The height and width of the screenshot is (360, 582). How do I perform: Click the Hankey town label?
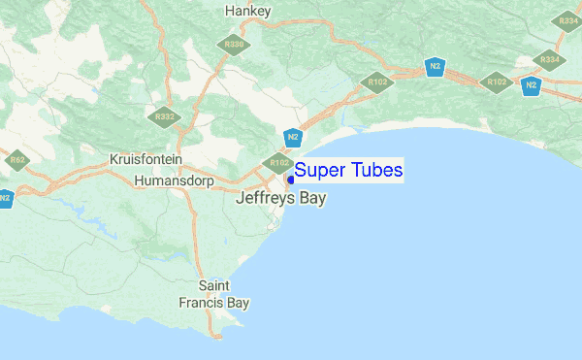(x=247, y=11)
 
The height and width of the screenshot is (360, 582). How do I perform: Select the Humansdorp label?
(x=172, y=180)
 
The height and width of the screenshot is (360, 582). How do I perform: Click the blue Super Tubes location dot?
(x=290, y=180)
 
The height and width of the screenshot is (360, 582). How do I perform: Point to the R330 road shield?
(x=234, y=45)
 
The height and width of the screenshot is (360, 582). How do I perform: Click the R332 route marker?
(x=164, y=117)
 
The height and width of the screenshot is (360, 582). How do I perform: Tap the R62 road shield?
(x=16, y=159)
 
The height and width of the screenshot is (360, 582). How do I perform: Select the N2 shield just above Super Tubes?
(x=293, y=138)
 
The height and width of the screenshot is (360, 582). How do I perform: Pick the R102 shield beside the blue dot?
(x=279, y=163)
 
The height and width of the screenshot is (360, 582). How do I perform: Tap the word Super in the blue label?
(x=318, y=171)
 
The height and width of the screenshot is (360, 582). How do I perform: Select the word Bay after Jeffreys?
(x=312, y=199)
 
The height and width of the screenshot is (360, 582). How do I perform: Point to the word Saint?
(x=213, y=286)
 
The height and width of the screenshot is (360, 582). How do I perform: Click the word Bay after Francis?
(x=238, y=303)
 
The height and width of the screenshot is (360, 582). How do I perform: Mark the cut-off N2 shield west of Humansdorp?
(x=4, y=197)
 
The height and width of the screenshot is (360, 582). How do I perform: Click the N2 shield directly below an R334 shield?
(x=531, y=85)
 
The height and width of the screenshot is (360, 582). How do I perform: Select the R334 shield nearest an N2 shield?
(x=549, y=59)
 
